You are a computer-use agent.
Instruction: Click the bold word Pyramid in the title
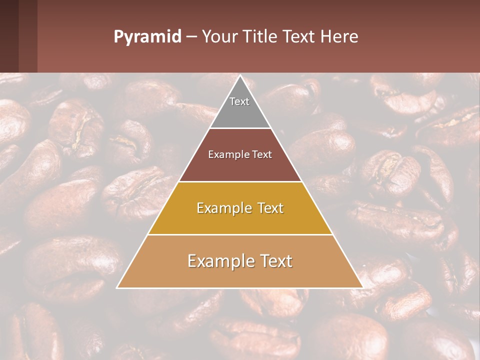coord(147,37)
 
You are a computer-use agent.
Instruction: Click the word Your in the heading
coord(218,37)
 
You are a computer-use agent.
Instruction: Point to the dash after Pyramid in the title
coord(191,37)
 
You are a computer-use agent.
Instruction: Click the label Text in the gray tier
coord(239,101)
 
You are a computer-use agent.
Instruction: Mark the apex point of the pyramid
coord(240,76)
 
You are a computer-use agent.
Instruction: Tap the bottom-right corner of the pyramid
coord(362,287)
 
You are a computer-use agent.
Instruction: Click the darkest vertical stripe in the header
coord(9,36)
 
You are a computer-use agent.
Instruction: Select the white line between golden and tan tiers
coord(240,234)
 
